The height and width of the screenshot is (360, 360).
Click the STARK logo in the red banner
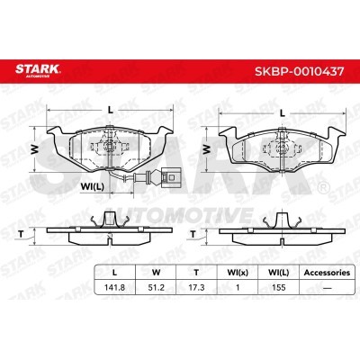click(38, 70)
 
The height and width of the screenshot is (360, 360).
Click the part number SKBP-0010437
click(299, 71)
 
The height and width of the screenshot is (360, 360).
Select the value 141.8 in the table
click(114, 287)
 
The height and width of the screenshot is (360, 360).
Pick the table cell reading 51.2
click(157, 287)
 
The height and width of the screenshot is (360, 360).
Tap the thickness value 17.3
click(196, 287)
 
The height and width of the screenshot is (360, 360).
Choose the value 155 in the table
click(278, 287)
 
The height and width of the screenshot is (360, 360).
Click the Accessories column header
click(327, 273)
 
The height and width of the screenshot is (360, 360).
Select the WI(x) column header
click(238, 273)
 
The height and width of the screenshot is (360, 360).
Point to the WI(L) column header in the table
click(278, 273)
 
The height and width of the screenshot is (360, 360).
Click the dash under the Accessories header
click(327, 288)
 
